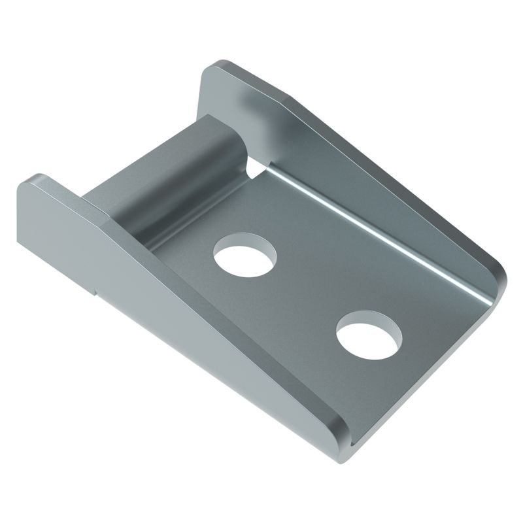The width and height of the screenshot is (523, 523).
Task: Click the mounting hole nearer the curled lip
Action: pos(244,254)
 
